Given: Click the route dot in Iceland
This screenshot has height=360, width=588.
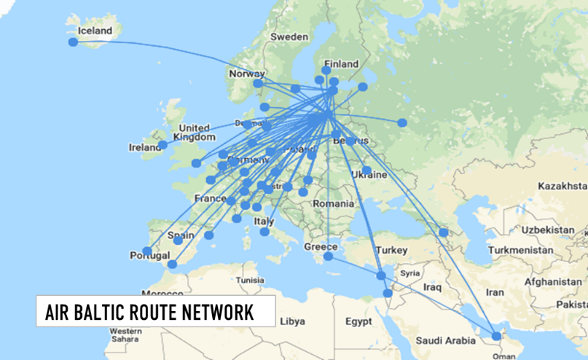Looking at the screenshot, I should pos(73,42).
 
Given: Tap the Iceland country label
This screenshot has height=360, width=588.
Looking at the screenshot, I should pos(95,31).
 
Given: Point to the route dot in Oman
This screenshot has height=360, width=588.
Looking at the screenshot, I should pos(497,336).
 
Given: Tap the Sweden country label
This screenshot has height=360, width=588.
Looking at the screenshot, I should pos(289,36).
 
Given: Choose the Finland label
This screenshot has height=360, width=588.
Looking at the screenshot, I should pos(341,64).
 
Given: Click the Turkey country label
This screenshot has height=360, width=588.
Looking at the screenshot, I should pos(393,250).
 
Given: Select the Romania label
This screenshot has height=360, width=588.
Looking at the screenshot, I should pos(333,203).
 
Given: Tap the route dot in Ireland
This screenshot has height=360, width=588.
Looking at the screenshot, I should pos(162,144).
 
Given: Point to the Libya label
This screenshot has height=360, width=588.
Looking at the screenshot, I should pos(292,321).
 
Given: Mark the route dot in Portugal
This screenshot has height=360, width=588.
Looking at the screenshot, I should pos(147,251).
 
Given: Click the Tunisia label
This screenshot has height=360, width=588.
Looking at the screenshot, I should pos(249,280).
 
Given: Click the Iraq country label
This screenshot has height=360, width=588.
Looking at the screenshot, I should pos(433,286).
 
